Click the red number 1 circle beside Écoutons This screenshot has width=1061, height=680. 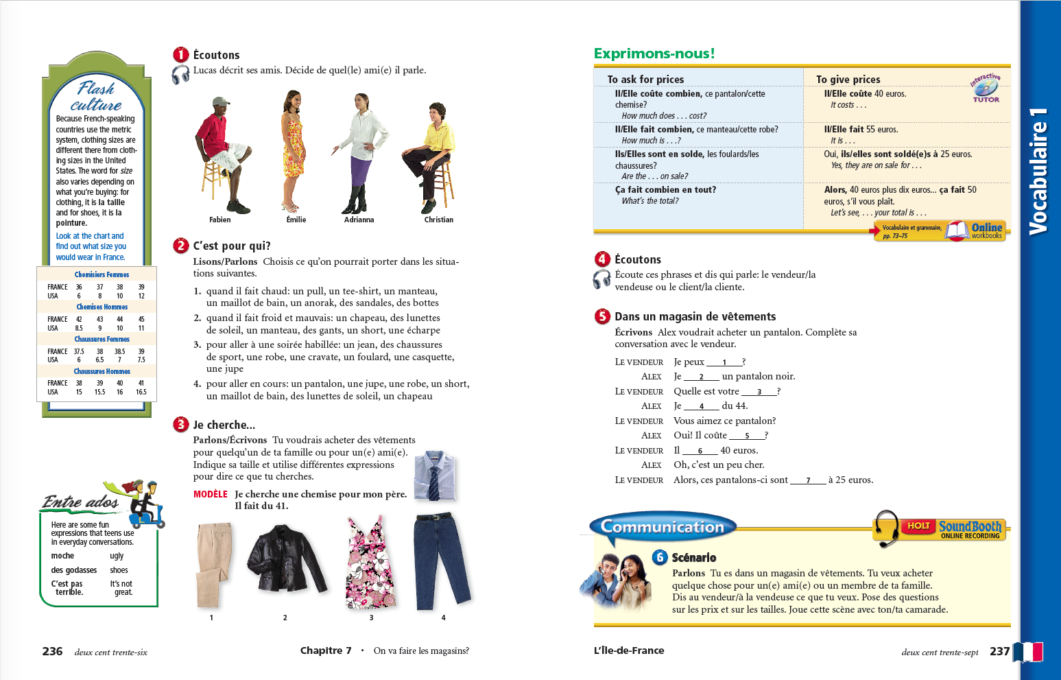tap(180, 55)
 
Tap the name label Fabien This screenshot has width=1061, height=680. tap(219, 220)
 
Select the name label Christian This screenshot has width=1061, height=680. tap(438, 220)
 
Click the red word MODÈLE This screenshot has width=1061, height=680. tap(210, 494)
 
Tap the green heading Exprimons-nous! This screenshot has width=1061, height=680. tap(654, 54)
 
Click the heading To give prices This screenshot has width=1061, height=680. tap(848, 80)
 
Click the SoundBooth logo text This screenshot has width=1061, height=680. tap(970, 527)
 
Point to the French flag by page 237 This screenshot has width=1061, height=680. tap(1027, 651)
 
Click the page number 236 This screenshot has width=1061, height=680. tap(52, 651)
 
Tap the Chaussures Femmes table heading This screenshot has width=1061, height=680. tap(102, 339)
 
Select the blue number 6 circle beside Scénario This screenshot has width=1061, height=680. tap(660, 557)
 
